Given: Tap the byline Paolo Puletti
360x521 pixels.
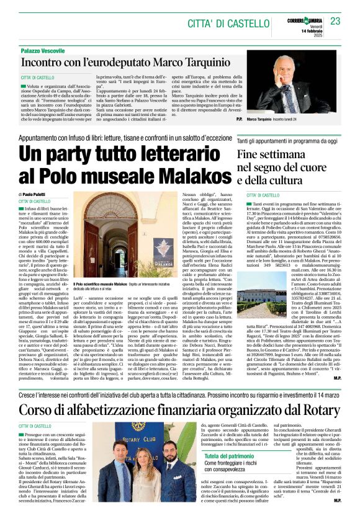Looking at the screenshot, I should [x=39, y=195].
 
